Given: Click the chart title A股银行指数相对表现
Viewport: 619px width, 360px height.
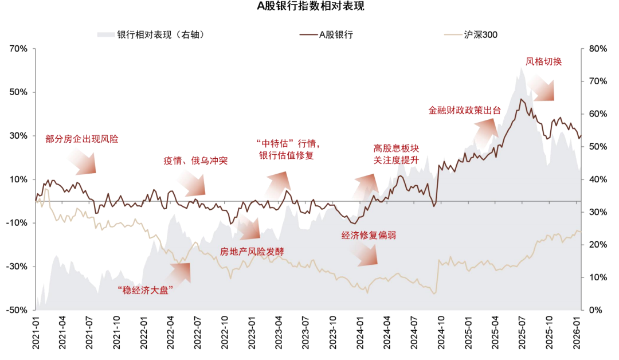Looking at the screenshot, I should [309, 7].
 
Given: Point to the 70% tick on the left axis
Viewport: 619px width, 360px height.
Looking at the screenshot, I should [19, 49].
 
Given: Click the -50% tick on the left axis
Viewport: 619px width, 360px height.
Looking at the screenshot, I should [18, 310].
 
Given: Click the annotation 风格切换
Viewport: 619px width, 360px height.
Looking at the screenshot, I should [544, 61].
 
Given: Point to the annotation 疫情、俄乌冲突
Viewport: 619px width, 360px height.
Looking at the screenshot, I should [195, 161].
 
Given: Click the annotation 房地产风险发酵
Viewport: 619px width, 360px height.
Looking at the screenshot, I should [252, 251].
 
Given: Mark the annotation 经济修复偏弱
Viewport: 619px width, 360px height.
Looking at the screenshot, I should [369, 235].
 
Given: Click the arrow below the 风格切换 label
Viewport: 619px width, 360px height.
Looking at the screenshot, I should [542, 88].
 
